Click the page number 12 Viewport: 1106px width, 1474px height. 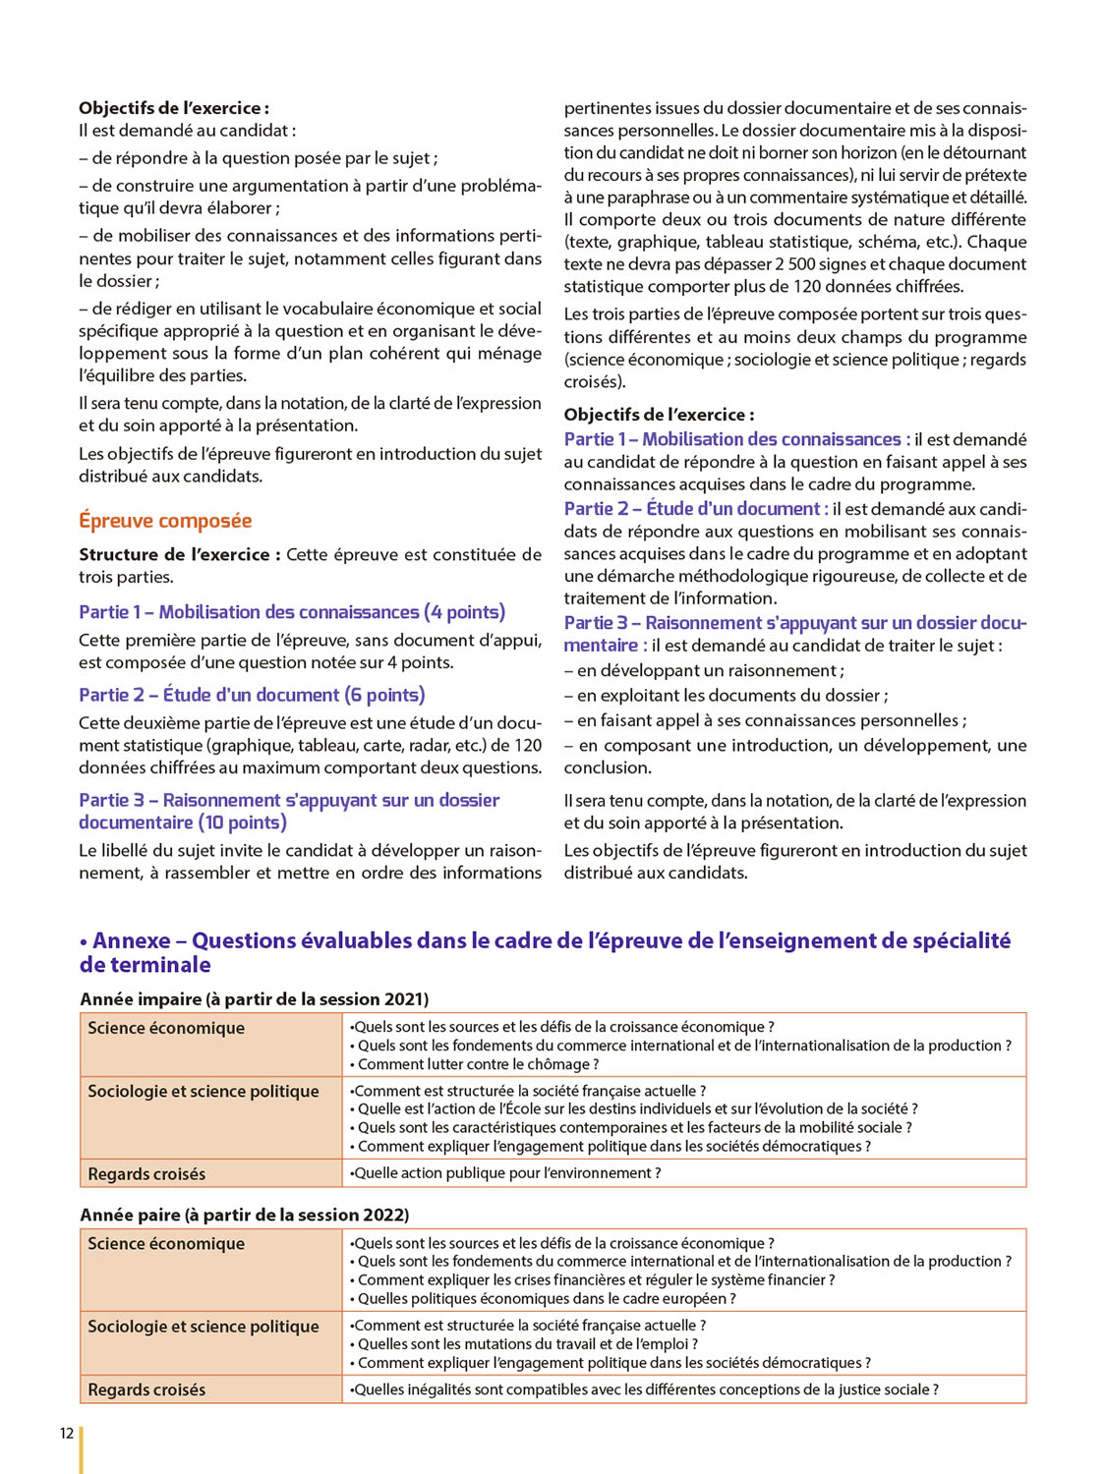[x=67, y=1433]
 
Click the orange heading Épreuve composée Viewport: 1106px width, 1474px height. [x=165, y=521]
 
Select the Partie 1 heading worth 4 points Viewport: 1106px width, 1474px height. [x=292, y=612]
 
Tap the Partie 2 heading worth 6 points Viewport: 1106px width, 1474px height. [x=252, y=695]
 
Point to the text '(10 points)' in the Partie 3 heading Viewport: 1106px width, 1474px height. [x=243, y=822]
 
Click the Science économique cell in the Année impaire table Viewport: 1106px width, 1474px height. [x=166, y=1028]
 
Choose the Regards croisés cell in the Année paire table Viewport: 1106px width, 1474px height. [x=146, y=1389]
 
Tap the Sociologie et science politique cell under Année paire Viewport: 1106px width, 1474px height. [x=204, y=1327]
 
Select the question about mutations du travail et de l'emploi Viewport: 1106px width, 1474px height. [x=527, y=1344]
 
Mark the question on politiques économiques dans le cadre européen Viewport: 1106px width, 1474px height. [x=547, y=1299]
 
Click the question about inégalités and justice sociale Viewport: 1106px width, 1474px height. [x=645, y=1389]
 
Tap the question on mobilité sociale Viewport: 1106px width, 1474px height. [x=634, y=1128]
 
